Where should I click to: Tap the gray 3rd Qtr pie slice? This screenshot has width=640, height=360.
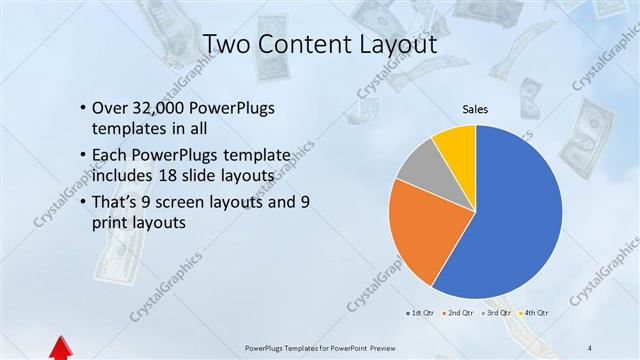tap(421, 166)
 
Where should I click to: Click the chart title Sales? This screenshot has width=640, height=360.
tap(475, 109)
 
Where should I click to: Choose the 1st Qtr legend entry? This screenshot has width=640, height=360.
tap(421, 313)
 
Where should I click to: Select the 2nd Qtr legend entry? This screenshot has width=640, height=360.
tap(460, 313)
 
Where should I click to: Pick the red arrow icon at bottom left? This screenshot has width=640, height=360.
tap(59, 348)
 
